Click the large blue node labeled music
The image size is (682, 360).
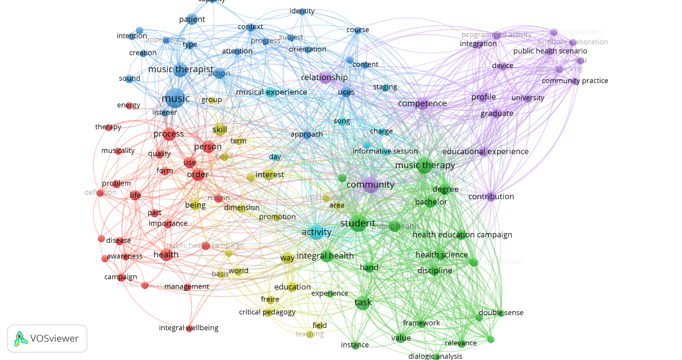click(174, 98)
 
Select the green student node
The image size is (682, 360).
click(358, 223)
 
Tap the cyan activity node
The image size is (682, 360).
click(316, 232)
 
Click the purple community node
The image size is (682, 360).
click(370, 184)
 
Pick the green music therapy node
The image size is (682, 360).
click(425, 166)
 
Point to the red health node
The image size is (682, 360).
click(167, 255)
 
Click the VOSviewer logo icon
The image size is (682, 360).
click(20, 338)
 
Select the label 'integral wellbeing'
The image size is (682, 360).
click(189, 328)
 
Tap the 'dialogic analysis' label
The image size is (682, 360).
click(435, 356)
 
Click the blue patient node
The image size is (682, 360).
click(192, 19)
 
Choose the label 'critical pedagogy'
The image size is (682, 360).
click(267, 312)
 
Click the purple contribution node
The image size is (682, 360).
click(491, 197)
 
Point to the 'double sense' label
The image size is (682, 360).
click(501, 313)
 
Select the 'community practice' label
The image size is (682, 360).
click(575, 81)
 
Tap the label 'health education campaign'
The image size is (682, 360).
click(462, 235)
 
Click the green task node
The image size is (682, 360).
click(363, 303)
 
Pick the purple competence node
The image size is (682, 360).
click(422, 104)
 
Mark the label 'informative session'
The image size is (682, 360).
click(385, 151)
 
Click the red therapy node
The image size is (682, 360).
click(108, 127)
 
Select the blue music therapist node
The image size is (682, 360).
click(180, 70)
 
